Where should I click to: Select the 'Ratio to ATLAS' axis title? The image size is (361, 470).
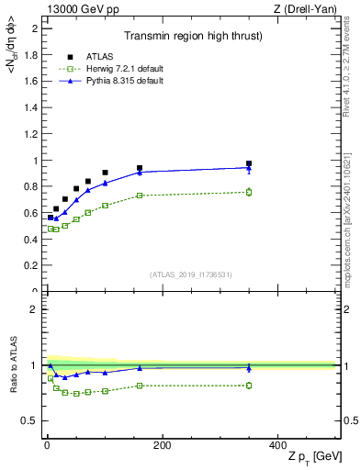(x=12, y=365)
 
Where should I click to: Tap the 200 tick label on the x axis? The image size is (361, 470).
(x=162, y=445)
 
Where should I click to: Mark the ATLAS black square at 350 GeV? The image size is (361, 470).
(x=249, y=163)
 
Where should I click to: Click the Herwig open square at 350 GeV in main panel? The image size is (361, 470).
(x=249, y=192)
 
